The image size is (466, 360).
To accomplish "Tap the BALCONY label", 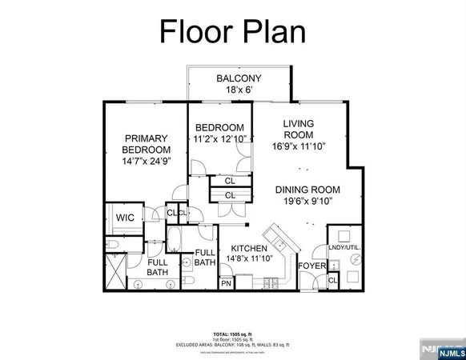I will pos(238,78).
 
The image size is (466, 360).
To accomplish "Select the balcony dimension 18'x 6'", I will pos(238,91).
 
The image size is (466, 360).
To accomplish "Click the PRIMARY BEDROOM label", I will pos(146,143).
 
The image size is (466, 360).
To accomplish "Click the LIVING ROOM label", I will pos(298,130).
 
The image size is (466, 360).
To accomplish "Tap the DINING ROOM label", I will pos(307,190).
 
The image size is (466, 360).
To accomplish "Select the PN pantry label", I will pos(227,283).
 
